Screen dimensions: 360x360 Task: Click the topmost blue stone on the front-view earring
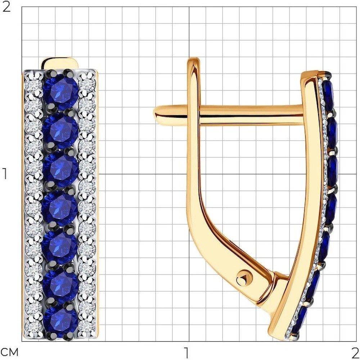coord(61,91)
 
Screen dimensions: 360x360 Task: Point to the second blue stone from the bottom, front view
coord(60,284)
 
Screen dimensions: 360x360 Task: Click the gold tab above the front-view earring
coord(60,63)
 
